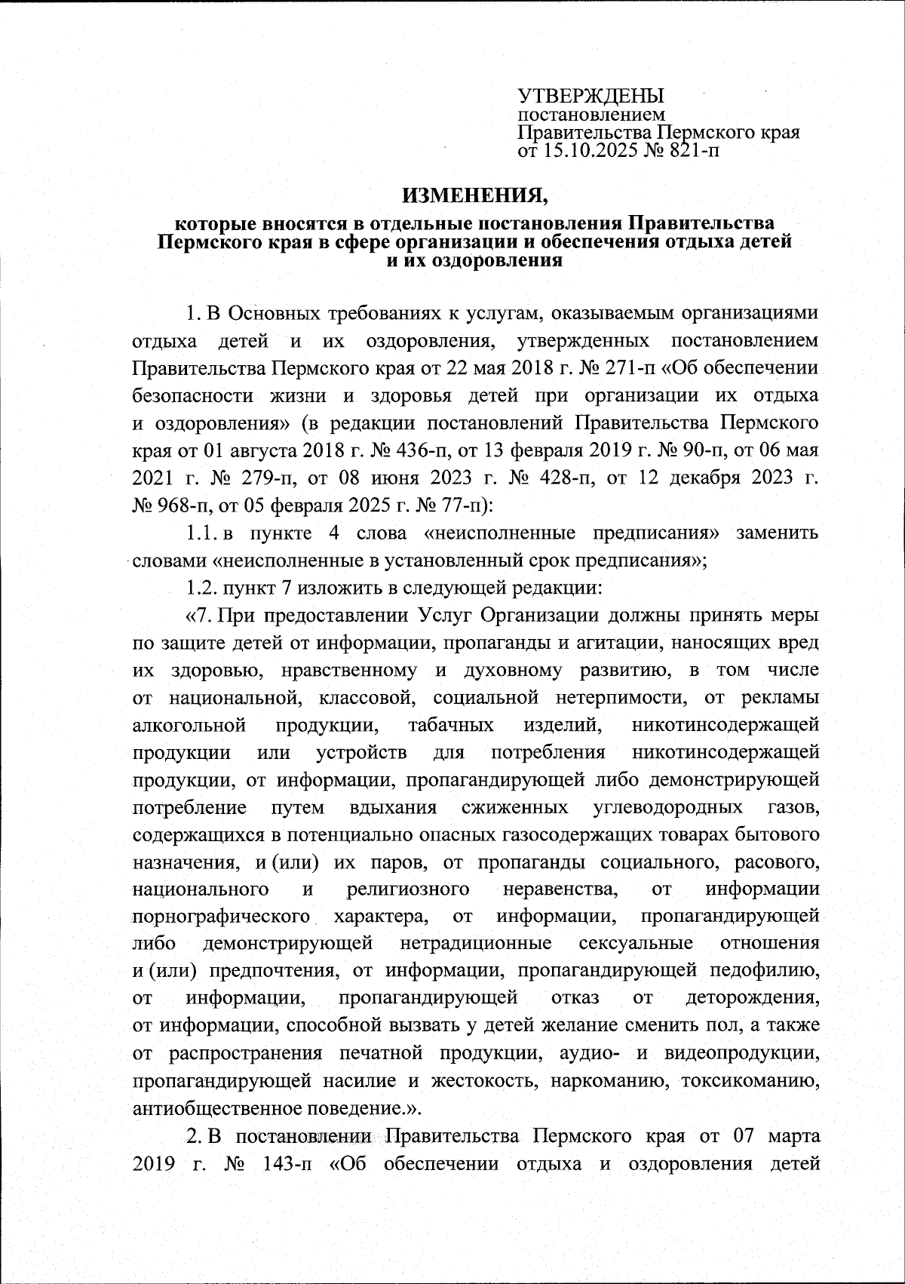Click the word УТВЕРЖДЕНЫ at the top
591,96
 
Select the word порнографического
222,917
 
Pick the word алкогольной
189,726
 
